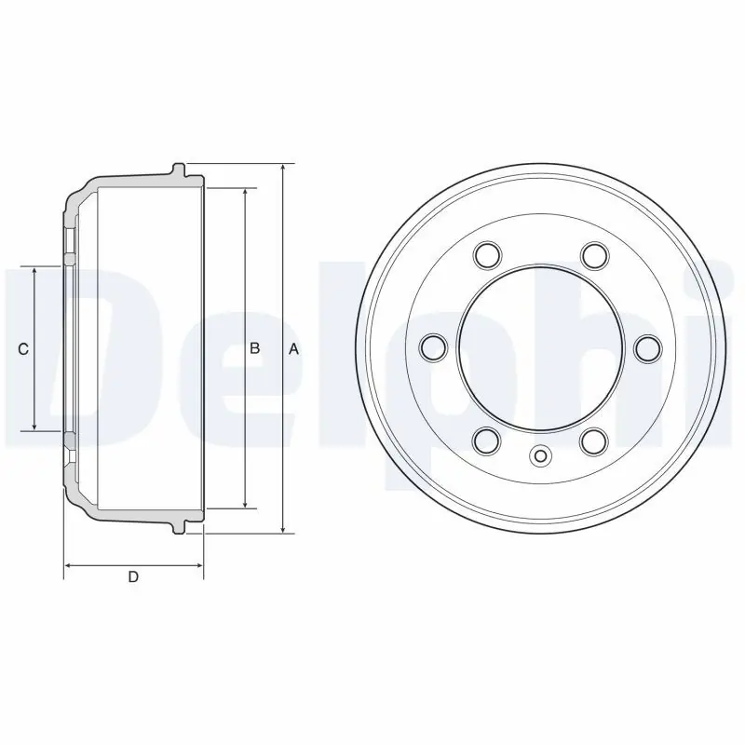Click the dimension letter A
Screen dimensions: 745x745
(294, 349)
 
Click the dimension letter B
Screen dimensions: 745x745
(254, 348)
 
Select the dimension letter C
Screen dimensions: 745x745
(22, 350)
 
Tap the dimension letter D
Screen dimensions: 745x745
(133, 576)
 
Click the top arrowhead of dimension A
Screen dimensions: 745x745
(283, 169)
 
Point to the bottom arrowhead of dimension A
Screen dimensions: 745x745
(283, 528)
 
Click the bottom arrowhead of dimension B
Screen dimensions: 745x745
(245, 503)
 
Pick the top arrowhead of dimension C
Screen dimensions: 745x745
(34, 272)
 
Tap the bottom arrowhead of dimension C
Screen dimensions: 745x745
(34, 426)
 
